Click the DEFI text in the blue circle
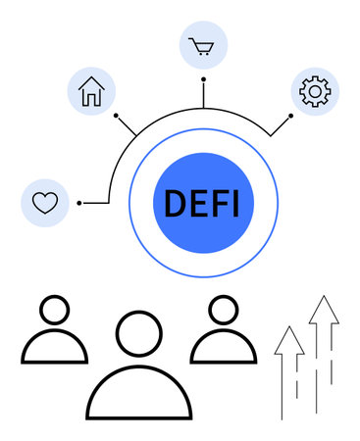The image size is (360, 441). [203, 203]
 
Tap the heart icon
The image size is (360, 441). [45, 203]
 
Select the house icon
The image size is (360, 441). [91, 92]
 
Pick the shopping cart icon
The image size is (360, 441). [203, 46]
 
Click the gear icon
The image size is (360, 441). [314, 91]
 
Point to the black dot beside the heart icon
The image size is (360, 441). [79, 203]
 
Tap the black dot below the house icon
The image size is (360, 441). [116, 116]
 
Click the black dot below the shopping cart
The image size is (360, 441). [203, 79]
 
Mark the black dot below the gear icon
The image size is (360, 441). [290, 116]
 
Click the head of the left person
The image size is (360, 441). [54, 311]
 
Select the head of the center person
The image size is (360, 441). [138, 333]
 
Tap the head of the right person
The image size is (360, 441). [223, 311]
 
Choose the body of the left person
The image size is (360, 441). [54, 349]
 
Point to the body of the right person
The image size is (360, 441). [223, 349]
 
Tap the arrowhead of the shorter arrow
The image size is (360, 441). [288, 338]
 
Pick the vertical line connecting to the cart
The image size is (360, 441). [203, 94]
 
